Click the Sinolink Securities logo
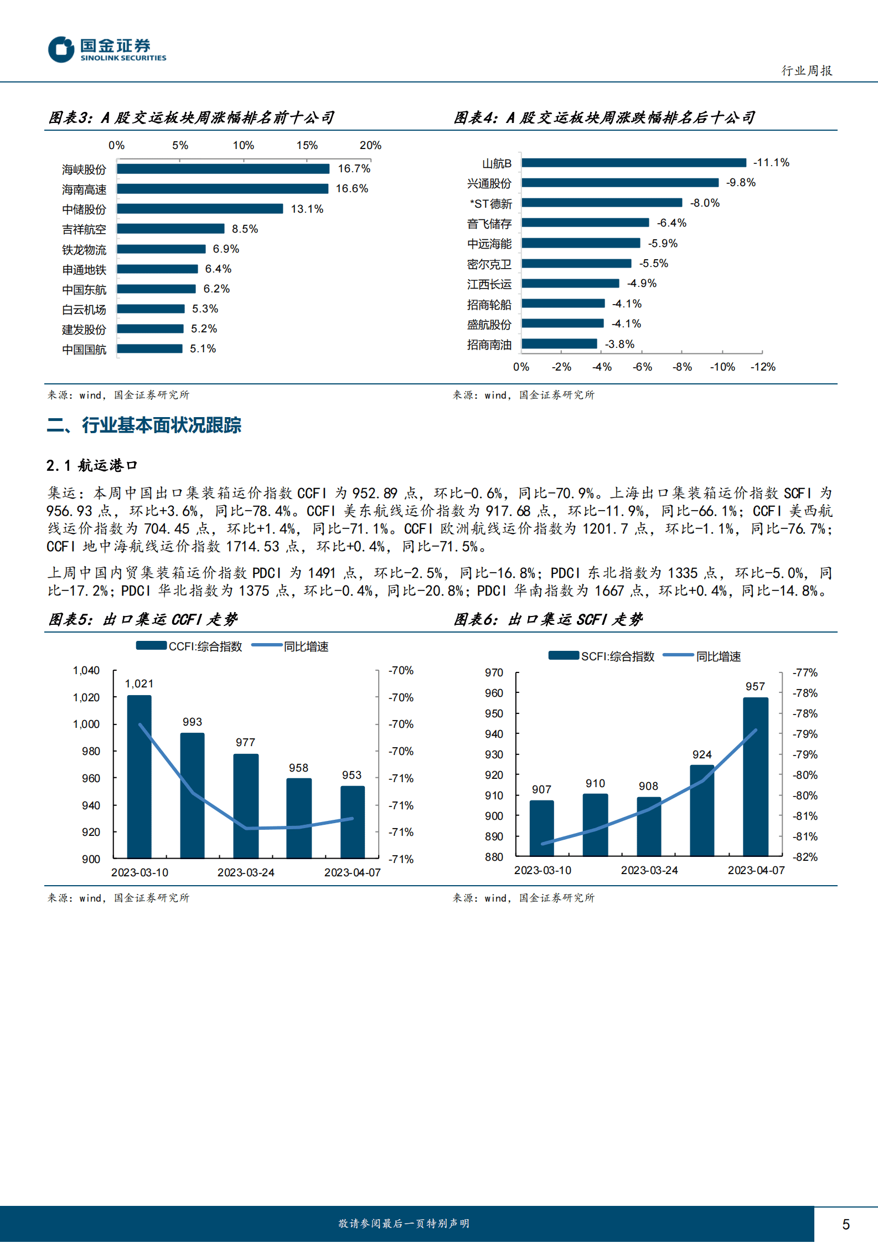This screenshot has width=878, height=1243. point(107,49)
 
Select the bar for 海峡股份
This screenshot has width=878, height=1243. point(223,169)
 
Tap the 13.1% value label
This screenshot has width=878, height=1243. point(307,209)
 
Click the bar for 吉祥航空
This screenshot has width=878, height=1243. point(171,229)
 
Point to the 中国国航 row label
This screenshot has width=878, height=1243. point(84,350)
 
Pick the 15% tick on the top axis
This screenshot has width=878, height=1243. point(307,146)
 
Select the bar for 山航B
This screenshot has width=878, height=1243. point(633,163)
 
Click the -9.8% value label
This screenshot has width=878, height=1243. point(741,183)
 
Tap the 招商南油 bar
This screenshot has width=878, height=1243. point(559,344)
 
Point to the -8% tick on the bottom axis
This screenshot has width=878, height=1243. point(682,367)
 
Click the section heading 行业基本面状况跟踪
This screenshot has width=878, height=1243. point(161,425)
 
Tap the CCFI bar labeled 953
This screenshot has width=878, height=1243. point(352,822)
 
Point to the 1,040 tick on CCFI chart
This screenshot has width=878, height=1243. point(86,671)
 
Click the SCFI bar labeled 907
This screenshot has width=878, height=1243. point(541,828)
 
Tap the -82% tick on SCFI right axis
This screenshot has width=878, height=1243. point(805,857)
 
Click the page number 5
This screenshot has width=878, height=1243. point(846,1224)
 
